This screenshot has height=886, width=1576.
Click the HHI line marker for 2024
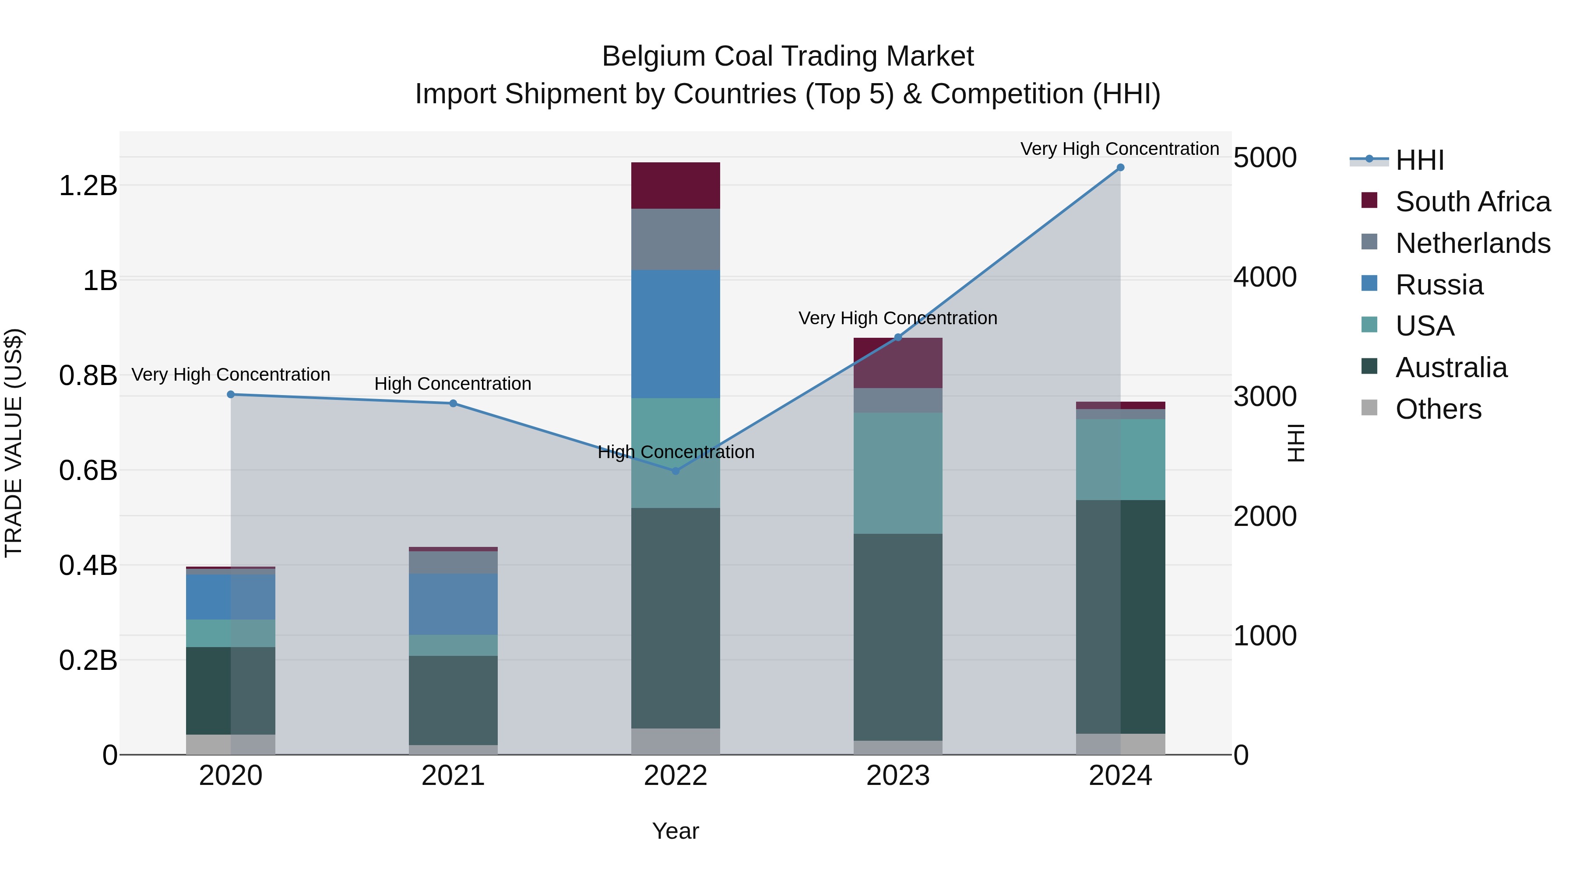click(x=1120, y=168)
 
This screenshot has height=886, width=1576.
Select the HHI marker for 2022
click(x=675, y=471)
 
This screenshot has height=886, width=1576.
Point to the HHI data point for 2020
click(x=231, y=394)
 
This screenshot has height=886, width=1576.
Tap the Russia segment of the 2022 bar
click(x=675, y=334)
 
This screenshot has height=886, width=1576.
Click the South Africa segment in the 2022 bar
click(x=675, y=185)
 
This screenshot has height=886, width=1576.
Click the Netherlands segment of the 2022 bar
click(x=675, y=239)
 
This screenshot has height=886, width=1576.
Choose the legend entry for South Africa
click(x=1472, y=202)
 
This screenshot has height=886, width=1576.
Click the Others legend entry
click(x=1438, y=409)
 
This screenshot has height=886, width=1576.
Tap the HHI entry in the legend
click(x=1419, y=160)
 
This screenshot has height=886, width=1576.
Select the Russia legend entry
click(x=1439, y=285)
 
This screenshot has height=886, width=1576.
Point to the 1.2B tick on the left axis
click(x=88, y=185)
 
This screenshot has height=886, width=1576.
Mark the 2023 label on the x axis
click(x=897, y=776)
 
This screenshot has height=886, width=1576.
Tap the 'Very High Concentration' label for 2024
click(x=1119, y=149)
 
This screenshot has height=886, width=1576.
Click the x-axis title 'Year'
click(x=675, y=831)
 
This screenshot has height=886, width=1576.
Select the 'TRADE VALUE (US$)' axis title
click(x=14, y=443)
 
